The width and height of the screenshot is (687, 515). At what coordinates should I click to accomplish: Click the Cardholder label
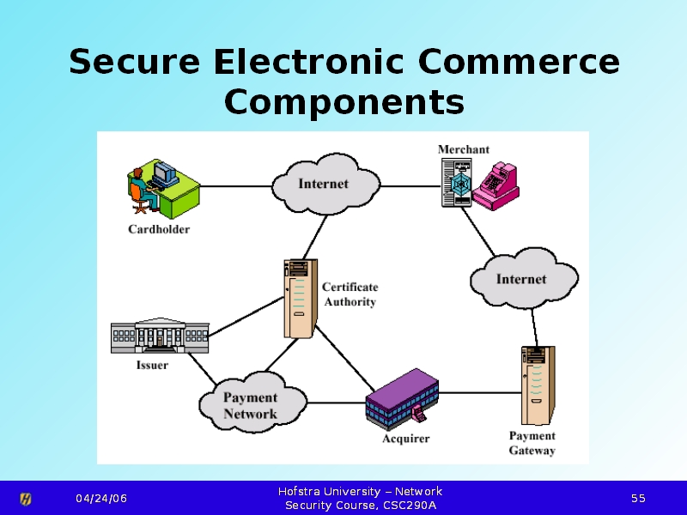click(x=159, y=229)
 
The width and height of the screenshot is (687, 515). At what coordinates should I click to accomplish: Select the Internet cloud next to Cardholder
click(x=325, y=184)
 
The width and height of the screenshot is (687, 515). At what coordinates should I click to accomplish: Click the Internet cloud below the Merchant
click(x=522, y=279)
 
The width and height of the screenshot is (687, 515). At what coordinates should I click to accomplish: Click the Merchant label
click(x=464, y=149)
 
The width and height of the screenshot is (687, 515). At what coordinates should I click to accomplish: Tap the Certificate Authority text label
click(x=350, y=294)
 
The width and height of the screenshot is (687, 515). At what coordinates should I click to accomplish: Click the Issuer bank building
click(x=160, y=335)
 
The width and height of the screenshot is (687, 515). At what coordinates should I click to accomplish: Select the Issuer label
click(x=153, y=365)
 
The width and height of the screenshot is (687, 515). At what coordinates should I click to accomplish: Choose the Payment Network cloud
click(x=251, y=405)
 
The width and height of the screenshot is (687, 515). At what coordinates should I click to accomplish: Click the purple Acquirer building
click(x=402, y=397)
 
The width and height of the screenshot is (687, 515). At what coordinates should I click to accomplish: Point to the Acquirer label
click(x=405, y=439)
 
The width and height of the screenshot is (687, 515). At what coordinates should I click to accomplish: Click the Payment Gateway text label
click(x=532, y=443)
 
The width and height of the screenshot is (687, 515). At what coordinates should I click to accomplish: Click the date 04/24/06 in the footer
click(x=100, y=499)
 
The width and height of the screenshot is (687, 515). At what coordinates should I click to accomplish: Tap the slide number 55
click(x=638, y=499)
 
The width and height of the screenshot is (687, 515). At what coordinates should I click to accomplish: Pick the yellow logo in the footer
click(x=26, y=499)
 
